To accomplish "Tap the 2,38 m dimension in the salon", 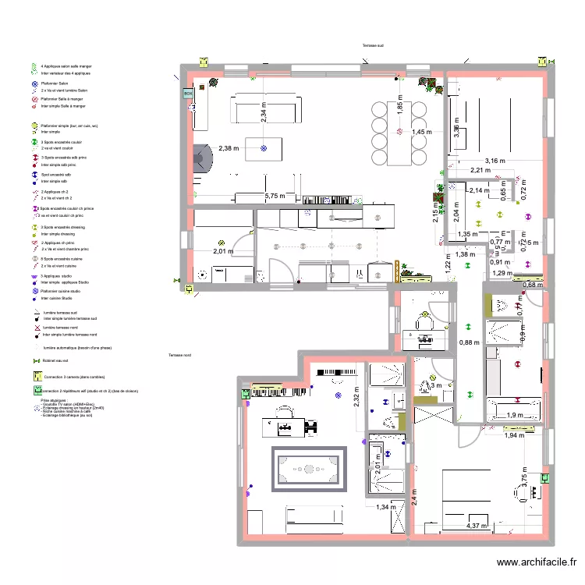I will [230, 148].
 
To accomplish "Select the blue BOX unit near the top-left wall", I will [188, 93].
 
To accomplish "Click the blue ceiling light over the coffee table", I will [264, 146].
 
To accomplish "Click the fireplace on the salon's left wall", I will [201, 159].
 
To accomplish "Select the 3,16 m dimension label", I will [495, 161].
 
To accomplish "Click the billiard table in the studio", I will [308, 469].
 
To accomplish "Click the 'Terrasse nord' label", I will [179, 356].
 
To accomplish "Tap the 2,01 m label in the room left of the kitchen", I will [223, 251].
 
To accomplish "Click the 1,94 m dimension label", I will [514, 434].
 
